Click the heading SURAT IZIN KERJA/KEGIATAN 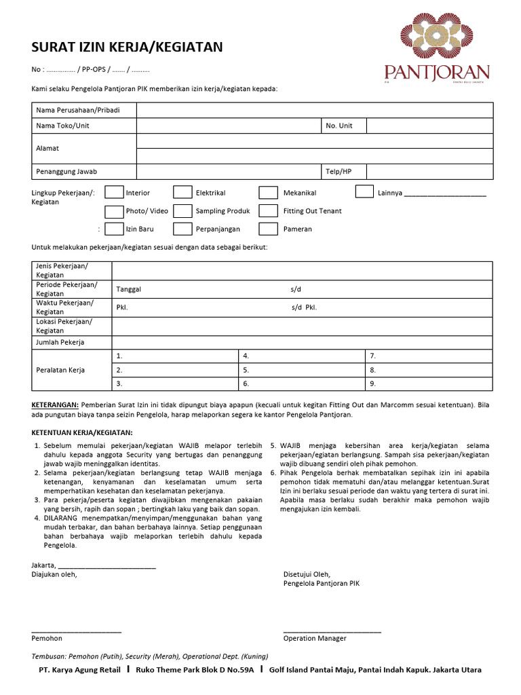pos(128,47)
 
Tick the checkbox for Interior pos(114,193)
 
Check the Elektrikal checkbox pos(182,193)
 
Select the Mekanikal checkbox pos(269,193)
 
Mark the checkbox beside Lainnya pos(364,192)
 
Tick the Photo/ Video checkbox pos(114,210)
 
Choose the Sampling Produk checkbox pos(182,210)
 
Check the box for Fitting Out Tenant pos(269,210)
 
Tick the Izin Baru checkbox pos(114,229)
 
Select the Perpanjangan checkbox pos(182,229)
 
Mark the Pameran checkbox pos(269,229)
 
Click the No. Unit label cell pos(343,126)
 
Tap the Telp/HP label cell pos(343,172)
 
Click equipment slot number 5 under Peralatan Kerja pos(302,371)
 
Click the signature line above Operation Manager pos(332,631)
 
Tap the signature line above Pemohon pos(76,631)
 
